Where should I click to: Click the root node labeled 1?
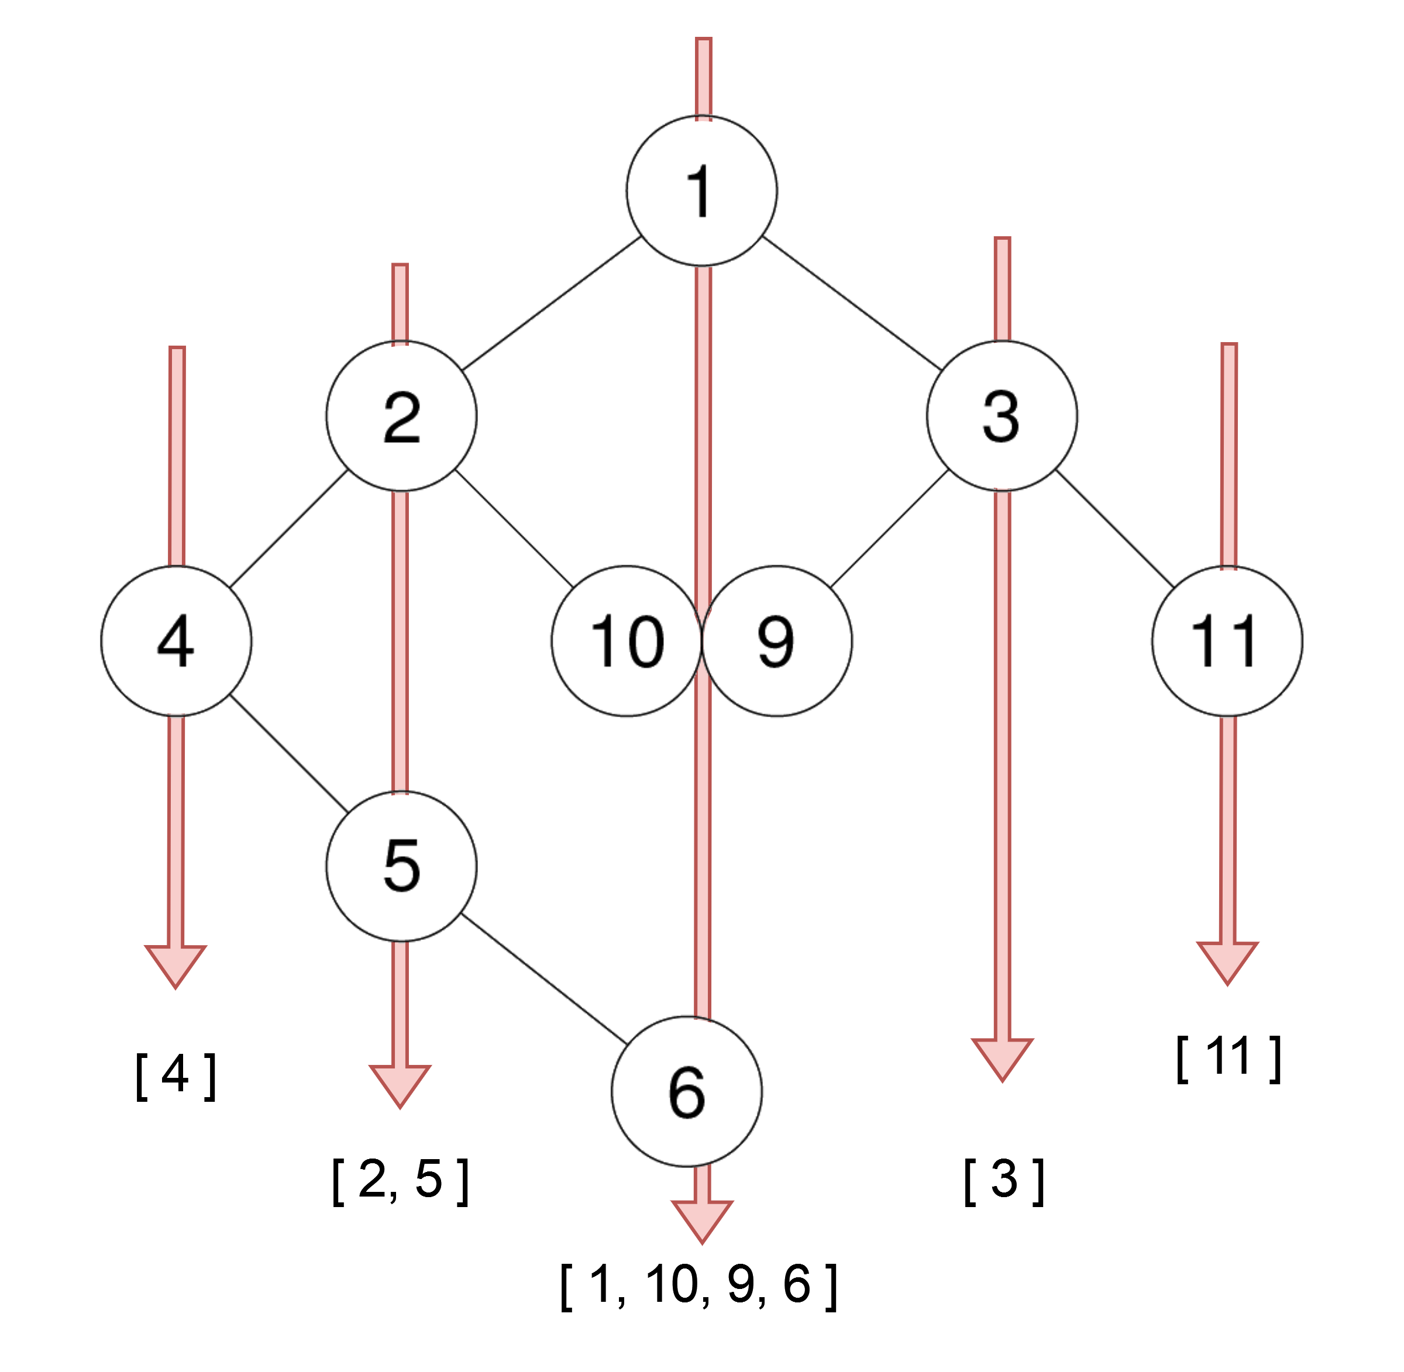701,191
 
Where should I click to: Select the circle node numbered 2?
401,416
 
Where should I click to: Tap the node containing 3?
1002,416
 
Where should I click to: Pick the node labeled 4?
176,640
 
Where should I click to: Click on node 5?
401,866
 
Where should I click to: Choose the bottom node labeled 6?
687,1091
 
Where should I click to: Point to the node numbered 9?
777,640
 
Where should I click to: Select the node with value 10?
627,640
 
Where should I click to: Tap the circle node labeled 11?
1227,640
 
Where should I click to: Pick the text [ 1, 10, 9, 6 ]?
698,1285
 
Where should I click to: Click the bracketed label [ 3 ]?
1003,1180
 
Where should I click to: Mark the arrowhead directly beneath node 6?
702,1219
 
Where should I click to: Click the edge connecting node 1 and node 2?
552,304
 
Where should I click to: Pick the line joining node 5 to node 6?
544,978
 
